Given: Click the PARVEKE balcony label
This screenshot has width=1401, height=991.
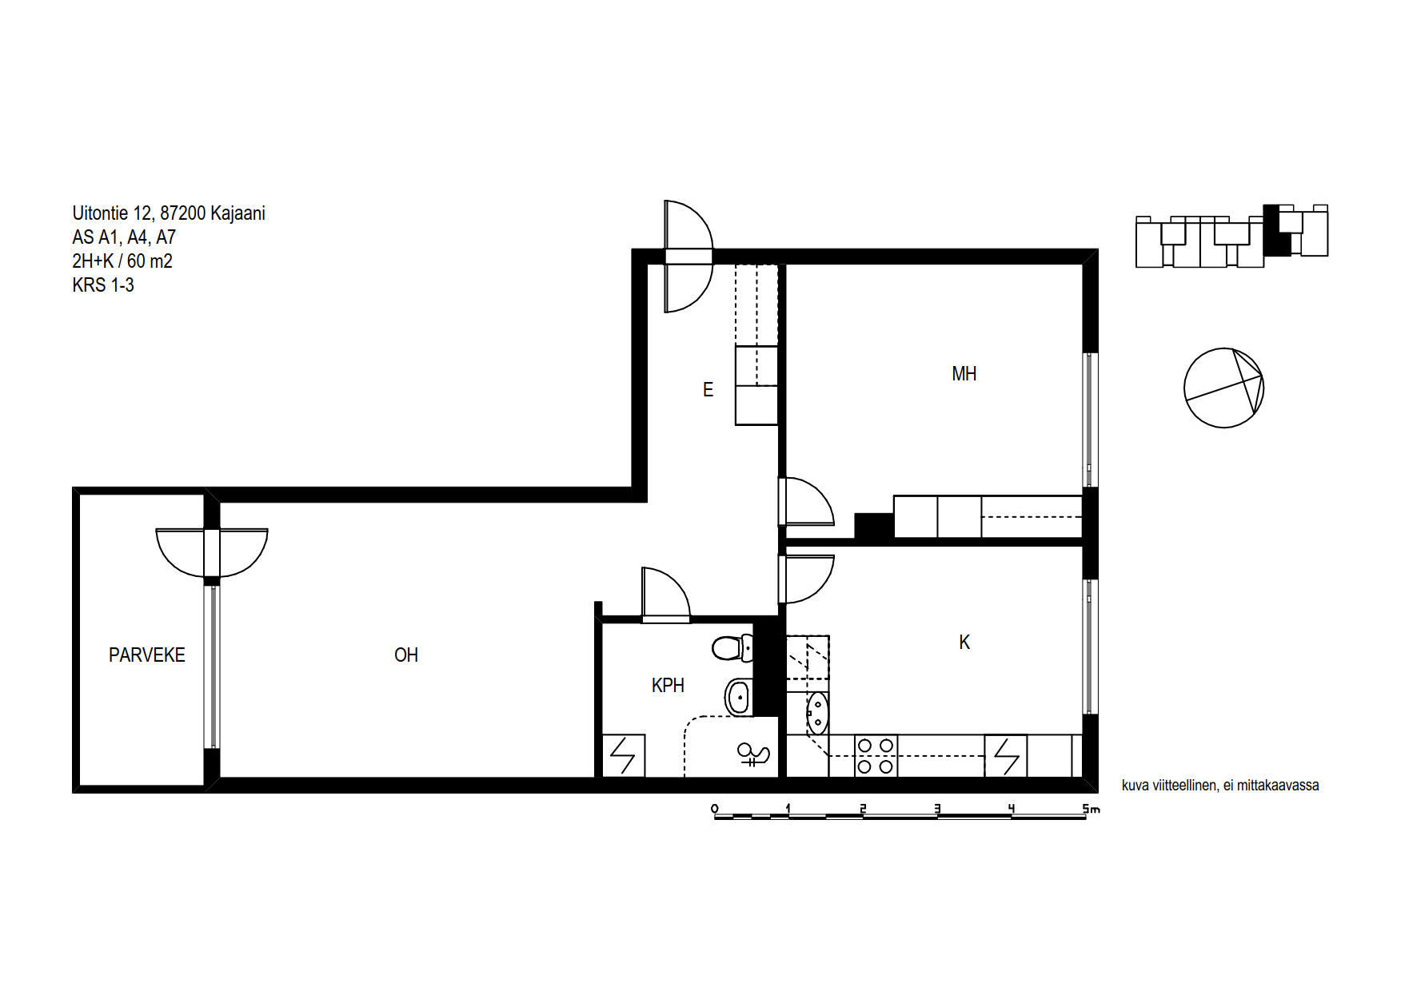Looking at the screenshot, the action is pyautogui.click(x=147, y=655).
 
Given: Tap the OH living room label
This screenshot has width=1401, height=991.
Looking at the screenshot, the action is pyautogui.click(x=406, y=655).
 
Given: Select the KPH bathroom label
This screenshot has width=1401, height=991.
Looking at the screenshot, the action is pyautogui.click(x=668, y=686).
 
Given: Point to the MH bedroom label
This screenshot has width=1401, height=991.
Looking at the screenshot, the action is pyautogui.click(x=964, y=374).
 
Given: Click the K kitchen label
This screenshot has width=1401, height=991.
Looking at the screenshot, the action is pyautogui.click(x=964, y=643).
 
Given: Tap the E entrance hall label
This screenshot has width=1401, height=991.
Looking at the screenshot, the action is pyautogui.click(x=708, y=390).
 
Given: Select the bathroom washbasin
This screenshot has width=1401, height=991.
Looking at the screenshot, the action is pyautogui.click(x=739, y=697).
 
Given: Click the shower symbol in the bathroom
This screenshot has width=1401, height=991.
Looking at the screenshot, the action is pyautogui.click(x=752, y=754).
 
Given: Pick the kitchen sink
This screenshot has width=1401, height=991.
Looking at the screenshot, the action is pyautogui.click(x=817, y=714).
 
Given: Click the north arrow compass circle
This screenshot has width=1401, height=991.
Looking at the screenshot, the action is pyautogui.click(x=1223, y=388).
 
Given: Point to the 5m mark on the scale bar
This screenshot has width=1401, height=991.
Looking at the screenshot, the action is pyautogui.click(x=1092, y=809).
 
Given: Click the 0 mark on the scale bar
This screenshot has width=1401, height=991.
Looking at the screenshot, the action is pyautogui.click(x=714, y=809).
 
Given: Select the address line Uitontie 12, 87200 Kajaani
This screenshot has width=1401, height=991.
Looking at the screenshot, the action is pyautogui.click(x=169, y=213).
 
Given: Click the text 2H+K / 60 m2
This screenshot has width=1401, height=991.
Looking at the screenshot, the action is pyautogui.click(x=122, y=261).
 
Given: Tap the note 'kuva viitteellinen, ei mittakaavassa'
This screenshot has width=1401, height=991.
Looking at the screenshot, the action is pyautogui.click(x=1220, y=786).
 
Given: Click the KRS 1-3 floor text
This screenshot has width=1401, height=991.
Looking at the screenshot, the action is pyautogui.click(x=103, y=285).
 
